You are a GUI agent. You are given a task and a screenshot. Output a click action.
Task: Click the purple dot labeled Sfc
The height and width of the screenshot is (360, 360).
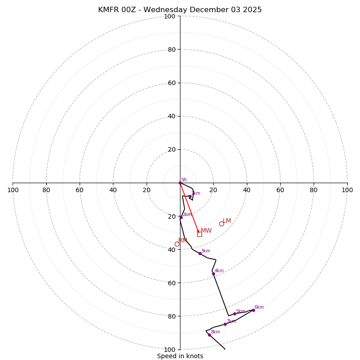pyautogui.click(x=180, y=183)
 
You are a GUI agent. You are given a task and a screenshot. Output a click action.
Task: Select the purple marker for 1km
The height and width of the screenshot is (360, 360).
pyautogui.click(x=190, y=196)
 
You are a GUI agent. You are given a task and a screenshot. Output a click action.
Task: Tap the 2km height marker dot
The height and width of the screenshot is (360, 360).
pyautogui.click(x=181, y=217)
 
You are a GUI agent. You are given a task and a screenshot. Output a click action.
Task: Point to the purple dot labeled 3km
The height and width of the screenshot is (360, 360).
pyautogui.click(x=200, y=253)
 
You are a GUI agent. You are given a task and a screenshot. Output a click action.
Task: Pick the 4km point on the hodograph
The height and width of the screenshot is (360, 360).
pyautogui.click(x=213, y=274)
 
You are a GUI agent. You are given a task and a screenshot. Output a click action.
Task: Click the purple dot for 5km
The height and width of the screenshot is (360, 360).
pyautogui.click(x=234, y=314)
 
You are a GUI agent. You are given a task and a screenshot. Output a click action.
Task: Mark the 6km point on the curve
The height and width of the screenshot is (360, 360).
pyautogui.click(x=253, y=310)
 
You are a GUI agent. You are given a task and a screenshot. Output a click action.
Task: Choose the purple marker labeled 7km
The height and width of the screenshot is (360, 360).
pyautogui.click(x=225, y=324)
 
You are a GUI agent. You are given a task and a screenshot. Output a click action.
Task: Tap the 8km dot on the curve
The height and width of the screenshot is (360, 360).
pyautogui.click(x=209, y=335)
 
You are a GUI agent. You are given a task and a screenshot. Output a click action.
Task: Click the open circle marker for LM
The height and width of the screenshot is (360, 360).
pyautogui.click(x=221, y=224)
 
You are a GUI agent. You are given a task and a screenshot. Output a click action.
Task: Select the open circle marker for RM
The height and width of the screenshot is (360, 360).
pyautogui.click(x=177, y=244)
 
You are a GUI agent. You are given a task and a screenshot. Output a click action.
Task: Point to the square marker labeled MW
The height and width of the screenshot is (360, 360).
pyautogui.click(x=199, y=234)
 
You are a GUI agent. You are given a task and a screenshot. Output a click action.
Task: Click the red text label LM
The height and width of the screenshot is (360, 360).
pyautogui.click(x=227, y=220)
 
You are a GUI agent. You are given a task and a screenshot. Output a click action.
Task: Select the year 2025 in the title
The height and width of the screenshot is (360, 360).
pyautogui.click(x=252, y=10)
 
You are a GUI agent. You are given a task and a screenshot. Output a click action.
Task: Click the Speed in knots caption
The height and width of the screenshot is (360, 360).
pyautogui.click(x=180, y=356)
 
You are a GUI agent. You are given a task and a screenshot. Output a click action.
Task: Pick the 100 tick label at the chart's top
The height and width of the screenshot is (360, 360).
pyautogui.click(x=170, y=16)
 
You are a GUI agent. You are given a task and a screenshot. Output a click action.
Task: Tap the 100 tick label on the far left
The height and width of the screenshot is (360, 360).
pyautogui.click(x=13, y=190)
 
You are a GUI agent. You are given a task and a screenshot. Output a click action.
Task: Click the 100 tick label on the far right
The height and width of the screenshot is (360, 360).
pyautogui.click(x=347, y=190)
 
